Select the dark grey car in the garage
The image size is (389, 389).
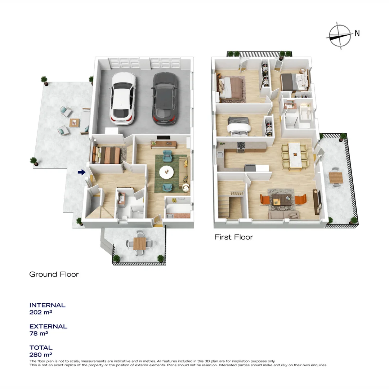pyautogui.click(x=165, y=98)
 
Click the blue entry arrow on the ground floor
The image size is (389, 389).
pyautogui.click(x=81, y=173)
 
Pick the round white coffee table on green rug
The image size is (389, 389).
pyautogui.click(x=167, y=172)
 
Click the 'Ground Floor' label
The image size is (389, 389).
pyautogui.click(x=54, y=274)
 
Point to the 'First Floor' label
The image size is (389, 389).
pyautogui.click(x=233, y=237)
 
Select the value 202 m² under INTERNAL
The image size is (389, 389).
pyautogui.click(x=41, y=312)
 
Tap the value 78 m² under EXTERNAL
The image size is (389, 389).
pyautogui.click(x=39, y=334)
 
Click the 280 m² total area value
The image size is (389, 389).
pyautogui.click(x=41, y=355)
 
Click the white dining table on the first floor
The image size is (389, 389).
pyautogui.click(x=295, y=155)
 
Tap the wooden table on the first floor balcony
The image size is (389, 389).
pyautogui.click(x=335, y=178)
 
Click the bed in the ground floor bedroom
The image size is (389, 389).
pyautogui.click(x=107, y=156)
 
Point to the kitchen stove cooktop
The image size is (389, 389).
pyautogui.click(x=240, y=145)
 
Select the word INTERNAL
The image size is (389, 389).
pyautogui.click(x=47, y=305)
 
